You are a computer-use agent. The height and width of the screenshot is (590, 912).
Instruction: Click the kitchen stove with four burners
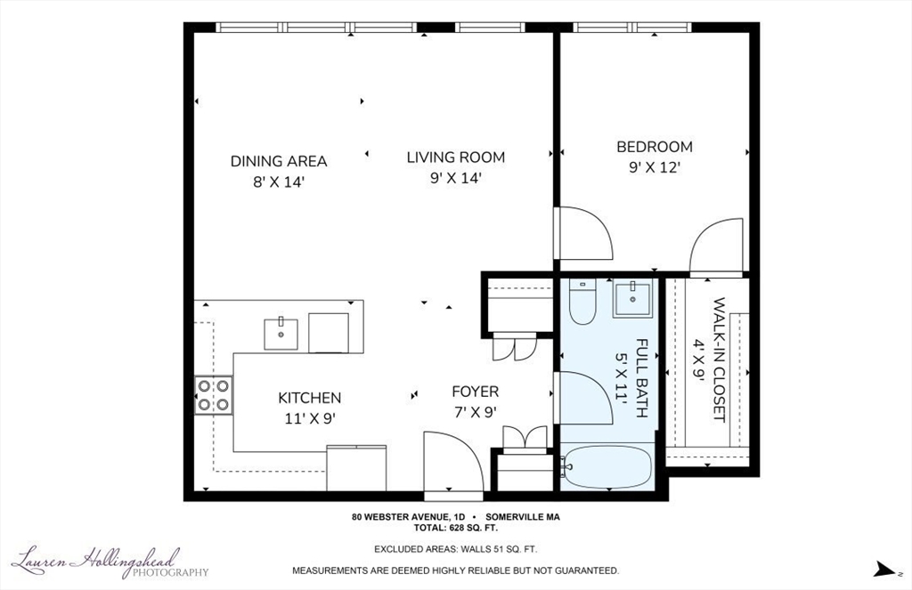click(214, 395)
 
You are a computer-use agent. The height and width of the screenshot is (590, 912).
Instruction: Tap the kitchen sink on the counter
click(281, 335)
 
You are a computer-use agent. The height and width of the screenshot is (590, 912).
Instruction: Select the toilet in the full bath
click(582, 301)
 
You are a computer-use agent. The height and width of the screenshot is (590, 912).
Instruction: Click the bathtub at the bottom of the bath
click(607, 467)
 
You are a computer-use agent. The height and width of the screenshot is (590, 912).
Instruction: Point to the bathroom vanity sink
click(631, 298)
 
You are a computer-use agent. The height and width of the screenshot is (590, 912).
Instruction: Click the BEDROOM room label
click(655, 147)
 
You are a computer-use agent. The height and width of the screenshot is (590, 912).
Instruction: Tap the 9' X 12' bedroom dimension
click(655, 167)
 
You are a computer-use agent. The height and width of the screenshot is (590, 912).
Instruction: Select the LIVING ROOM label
click(455, 157)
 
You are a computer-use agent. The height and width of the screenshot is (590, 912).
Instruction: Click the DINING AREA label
click(279, 161)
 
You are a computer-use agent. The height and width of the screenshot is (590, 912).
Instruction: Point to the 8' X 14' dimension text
click(279, 182)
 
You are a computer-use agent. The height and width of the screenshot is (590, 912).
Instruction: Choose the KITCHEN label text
click(309, 398)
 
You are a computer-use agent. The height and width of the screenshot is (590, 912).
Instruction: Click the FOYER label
click(476, 392)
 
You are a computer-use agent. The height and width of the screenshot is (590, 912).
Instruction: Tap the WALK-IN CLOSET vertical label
click(719, 360)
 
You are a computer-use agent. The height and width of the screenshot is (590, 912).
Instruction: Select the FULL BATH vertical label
click(641, 378)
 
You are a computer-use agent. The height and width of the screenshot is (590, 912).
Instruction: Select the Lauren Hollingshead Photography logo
click(110, 562)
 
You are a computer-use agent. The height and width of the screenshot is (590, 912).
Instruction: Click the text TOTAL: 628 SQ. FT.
click(456, 529)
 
